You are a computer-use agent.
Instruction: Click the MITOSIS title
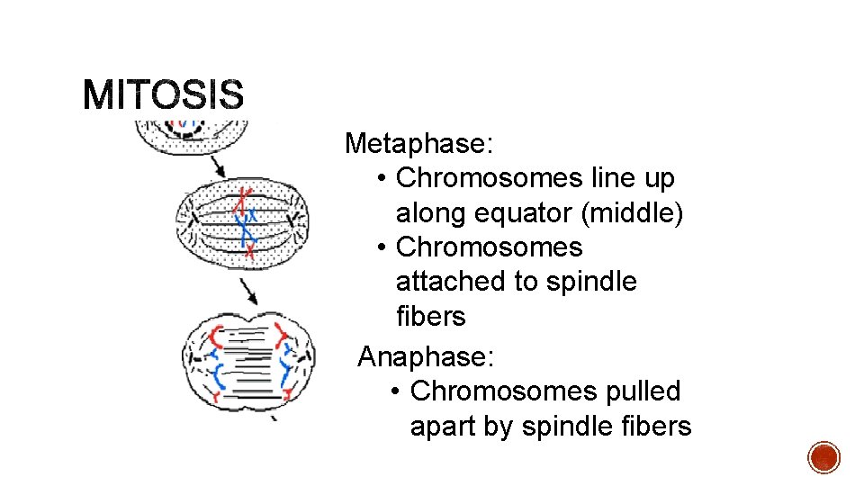[x=163, y=94]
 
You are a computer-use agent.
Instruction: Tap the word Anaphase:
[x=426, y=357]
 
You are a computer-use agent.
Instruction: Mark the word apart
[x=444, y=427]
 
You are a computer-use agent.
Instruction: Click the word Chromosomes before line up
[x=489, y=178]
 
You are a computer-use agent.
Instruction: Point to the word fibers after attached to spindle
[x=431, y=317]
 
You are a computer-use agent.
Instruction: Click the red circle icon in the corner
[x=823, y=457]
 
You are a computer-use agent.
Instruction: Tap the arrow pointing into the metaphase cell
[x=217, y=166]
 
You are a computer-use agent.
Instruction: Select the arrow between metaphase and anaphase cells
[x=250, y=291]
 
